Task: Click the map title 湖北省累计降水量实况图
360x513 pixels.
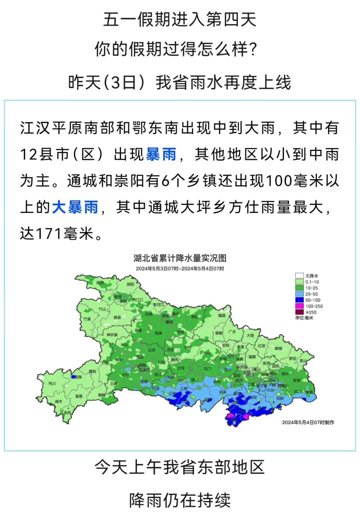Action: pyautogui.click(x=180, y=258)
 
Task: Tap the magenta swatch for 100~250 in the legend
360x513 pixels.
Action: pyautogui.click(x=299, y=306)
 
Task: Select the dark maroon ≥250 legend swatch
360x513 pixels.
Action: pyautogui.click(x=299, y=312)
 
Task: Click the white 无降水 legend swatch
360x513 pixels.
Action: pyautogui.click(x=299, y=276)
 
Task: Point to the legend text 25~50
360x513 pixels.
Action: pyautogui.click(x=311, y=294)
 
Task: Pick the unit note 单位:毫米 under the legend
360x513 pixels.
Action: pyautogui.click(x=304, y=318)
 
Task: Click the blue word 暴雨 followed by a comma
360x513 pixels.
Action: pyautogui.click(x=161, y=154)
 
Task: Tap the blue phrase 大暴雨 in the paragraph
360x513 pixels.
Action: pyautogui.click(x=75, y=207)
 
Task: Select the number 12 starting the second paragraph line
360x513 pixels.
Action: pyautogui.click(x=29, y=154)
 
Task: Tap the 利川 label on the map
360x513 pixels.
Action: pyautogui.click(x=52, y=384)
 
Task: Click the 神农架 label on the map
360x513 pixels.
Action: pyautogui.click(x=112, y=335)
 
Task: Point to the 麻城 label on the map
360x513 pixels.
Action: pyautogui.click(x=278, y=348)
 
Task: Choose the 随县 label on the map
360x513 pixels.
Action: pyautogui.click(x=222, y=316)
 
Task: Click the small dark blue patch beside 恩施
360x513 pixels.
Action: pyautogui.click(x=73, y=377)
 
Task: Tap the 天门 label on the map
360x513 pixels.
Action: pyautogui.click(x=207, y=369)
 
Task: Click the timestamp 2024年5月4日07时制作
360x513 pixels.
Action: pyautogui.click(x=308, y=422)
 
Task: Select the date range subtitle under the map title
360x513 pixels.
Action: pyautogui.click(x=180, y=269)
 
